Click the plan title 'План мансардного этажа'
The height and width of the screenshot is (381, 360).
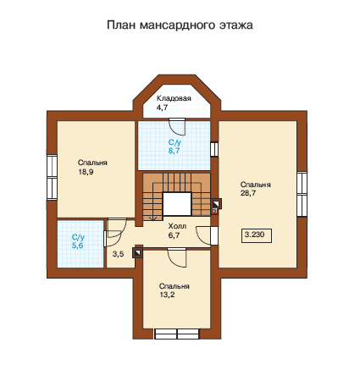click(x=180, y=25)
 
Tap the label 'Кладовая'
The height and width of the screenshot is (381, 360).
click(x=174, y=98)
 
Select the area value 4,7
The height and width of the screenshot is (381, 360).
click(x=162, y=108)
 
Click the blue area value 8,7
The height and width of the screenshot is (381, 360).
click(x=174, y=151)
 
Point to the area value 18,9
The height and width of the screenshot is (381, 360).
click(x=86, y=172)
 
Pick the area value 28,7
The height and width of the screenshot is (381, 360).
click(x=248, y=193)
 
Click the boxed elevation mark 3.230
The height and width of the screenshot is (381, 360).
click(x=257, y=235)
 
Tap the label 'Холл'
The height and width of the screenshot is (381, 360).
click(x=177, y=226)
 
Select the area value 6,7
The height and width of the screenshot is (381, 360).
click(x=174, y=235)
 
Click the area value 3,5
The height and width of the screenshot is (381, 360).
click(x=118, y=254)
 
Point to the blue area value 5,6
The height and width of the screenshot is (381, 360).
click(x=77, y=246)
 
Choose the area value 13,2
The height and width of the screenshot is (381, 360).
click(x=167, y=295)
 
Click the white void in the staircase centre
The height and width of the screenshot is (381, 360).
click(x=177, y=204)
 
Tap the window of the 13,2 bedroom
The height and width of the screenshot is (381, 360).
click(x=177, y=334)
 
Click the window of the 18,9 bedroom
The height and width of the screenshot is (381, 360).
click(x=53, y=177)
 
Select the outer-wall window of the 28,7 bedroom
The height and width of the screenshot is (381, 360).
click(x=302, y=194)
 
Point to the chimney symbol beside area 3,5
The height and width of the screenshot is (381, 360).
click(x=137, y=253)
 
